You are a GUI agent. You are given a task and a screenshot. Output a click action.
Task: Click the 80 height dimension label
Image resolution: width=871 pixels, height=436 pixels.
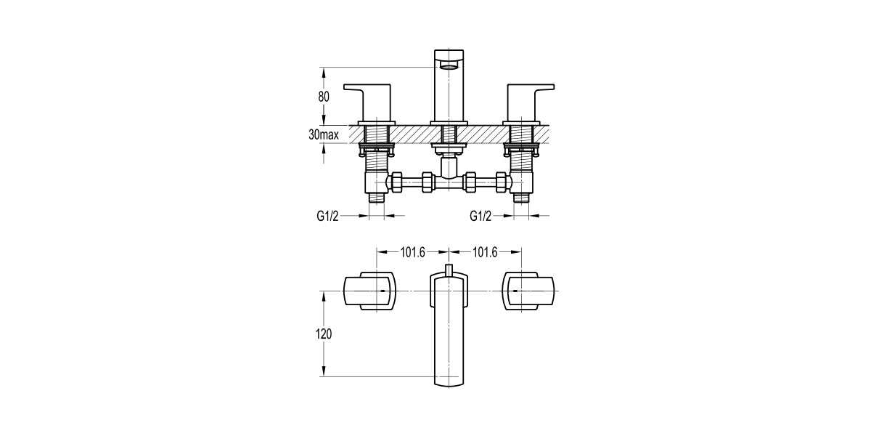pos(324,96)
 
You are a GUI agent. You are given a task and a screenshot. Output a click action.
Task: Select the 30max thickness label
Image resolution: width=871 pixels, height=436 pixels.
pos(324,134)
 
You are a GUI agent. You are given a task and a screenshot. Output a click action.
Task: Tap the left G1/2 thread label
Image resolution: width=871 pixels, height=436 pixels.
pos(329,216)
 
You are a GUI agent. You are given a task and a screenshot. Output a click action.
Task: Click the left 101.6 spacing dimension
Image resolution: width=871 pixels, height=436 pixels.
pos(412,252)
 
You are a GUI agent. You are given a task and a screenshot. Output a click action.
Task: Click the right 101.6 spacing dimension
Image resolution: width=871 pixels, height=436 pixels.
pos(485,252)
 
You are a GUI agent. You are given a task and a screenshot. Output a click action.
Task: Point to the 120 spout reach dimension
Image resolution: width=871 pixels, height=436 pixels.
pos(324,334)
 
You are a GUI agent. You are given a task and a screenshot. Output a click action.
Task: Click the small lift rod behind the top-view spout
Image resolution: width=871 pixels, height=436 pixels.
pos(449,270)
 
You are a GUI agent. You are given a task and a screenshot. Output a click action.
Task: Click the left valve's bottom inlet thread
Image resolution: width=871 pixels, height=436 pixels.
pos(375,196)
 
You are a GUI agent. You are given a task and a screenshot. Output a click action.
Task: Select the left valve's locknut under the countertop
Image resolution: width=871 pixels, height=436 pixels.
pos(375,151)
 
